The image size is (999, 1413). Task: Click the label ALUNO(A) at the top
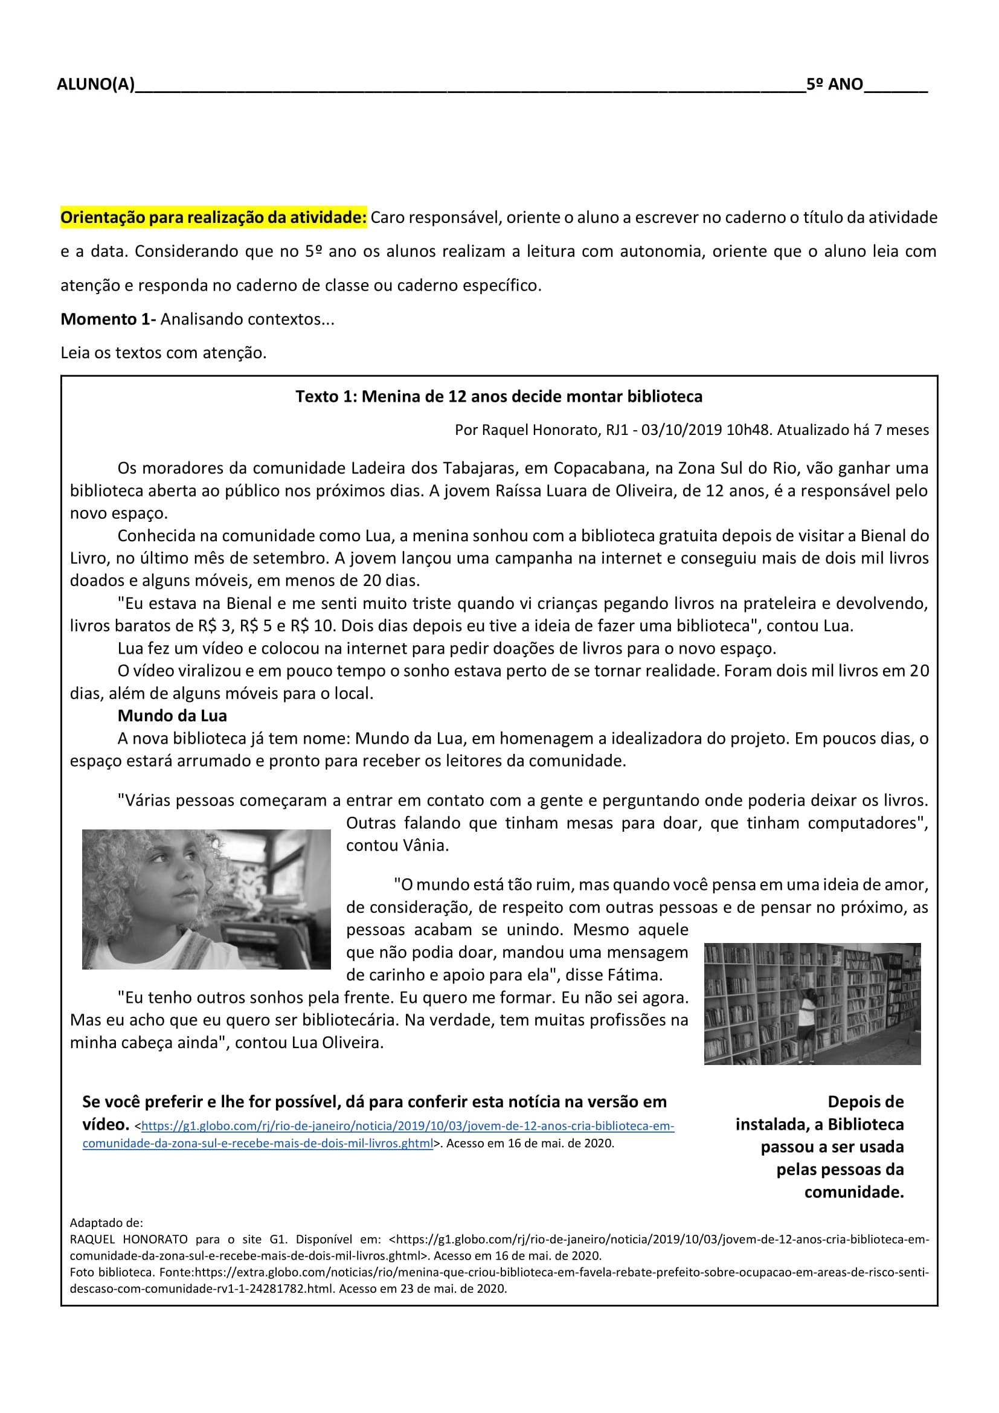(x=95, y=85)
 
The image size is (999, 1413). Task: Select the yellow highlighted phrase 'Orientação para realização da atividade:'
(x=213, y=217)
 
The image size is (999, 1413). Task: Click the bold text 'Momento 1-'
(x=108, y=319)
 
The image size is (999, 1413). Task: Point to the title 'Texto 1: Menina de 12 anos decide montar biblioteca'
(x=498, y=396)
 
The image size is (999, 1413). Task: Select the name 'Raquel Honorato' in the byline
(x=541, y=430)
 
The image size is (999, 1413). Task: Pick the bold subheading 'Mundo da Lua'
(x=172, y=716)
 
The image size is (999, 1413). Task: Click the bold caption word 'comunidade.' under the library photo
(x=854, y=1193)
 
